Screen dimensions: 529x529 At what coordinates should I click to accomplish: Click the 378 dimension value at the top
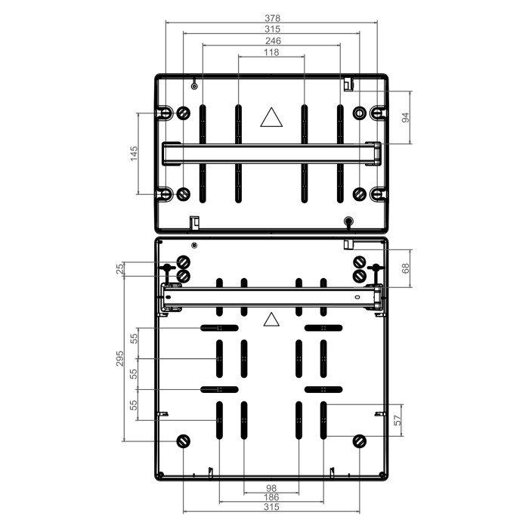tap(272, 17)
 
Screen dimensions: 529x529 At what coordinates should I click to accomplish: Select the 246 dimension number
tap(273, 41)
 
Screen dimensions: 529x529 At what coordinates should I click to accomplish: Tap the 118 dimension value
tap(271, 52)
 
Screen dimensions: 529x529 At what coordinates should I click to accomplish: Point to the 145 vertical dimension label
tap(134, 153)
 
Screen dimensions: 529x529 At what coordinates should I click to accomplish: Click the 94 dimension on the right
tap(406, 118)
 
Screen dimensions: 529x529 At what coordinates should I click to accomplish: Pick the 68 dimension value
tap(406, 268)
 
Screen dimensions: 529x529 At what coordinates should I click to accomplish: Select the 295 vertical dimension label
tap(119, 358)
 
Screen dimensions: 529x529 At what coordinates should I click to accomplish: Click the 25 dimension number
tap(119, 269)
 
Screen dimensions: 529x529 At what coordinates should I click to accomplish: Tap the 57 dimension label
tap(398, 419)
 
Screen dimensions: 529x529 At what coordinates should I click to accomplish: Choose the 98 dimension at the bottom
tap(271, 488)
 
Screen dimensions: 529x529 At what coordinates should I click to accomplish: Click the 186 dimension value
tap(271, 497)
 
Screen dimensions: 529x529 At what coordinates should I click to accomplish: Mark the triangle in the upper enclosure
tap(271, 117)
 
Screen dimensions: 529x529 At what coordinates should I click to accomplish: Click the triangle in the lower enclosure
tap(271, 320)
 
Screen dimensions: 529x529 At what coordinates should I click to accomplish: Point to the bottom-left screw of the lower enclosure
tap(184, 441)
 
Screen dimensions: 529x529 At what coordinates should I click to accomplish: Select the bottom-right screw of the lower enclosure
tap(359, 441)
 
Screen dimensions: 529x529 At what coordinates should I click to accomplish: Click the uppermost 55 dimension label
tap(134, 339)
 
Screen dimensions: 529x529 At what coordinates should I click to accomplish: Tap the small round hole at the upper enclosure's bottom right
tap(348, 221)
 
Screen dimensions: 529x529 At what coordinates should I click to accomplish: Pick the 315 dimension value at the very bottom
tap(271, 507)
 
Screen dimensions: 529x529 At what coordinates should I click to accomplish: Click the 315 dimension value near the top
tap(272, 29)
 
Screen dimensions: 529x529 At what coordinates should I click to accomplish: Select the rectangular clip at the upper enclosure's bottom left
tap(194, 222)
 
